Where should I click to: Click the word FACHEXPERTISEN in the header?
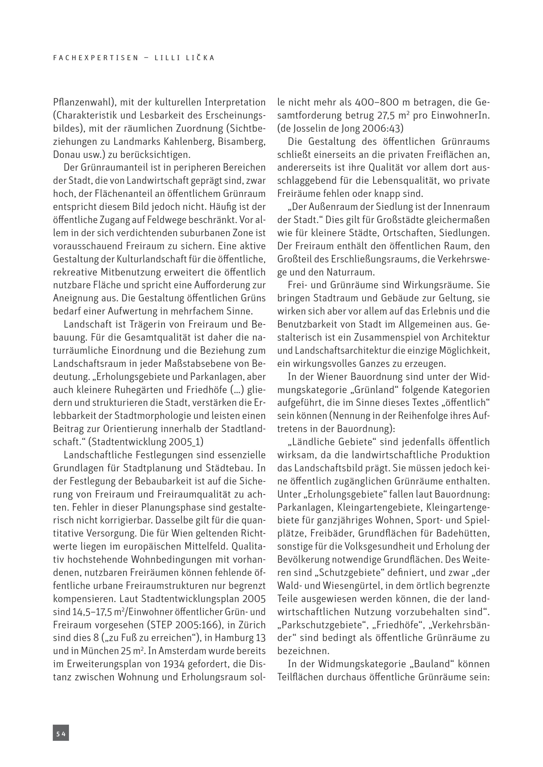click(96, 58)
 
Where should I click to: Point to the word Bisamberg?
click(241, 142)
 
